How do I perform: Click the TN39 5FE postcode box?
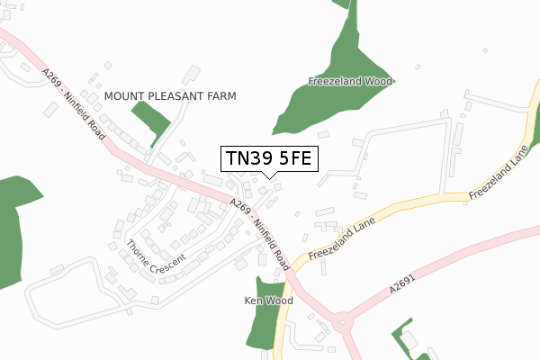point(268,158)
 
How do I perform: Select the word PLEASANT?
point(176,95)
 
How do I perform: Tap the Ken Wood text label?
point(269,300)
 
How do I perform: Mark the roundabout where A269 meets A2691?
point(341,320)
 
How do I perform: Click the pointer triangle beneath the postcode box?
point(268,176)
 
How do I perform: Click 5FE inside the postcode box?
point(292,158)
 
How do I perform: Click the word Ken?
point(255,300)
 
